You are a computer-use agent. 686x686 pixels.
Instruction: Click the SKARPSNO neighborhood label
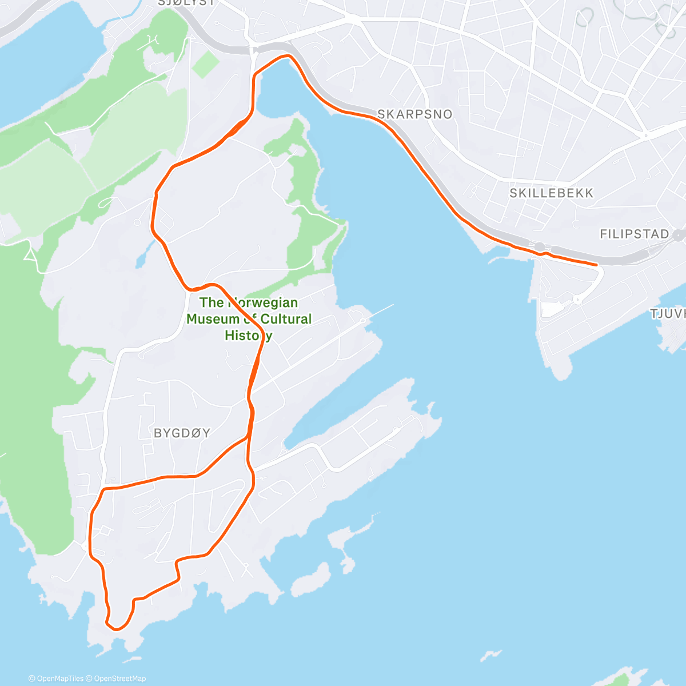(x=414, y=114)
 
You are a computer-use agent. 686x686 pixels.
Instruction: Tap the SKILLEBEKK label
(x=551, y=193)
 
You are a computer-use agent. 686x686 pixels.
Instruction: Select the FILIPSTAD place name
(x=634, y=234)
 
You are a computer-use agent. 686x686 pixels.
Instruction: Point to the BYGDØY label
(x=182, y=433)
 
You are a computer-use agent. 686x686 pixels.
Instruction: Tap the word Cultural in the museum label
(x=284, y=319)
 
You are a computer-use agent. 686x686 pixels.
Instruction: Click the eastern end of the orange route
(x=597, y=265)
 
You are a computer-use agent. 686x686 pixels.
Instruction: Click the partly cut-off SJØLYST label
(x=187, y=3)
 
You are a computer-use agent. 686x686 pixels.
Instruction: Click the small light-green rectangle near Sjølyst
(x=205, y=65)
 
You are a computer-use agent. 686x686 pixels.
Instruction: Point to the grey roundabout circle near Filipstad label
(x=679, y=235)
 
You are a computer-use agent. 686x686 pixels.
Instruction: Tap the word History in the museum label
(x=248, y=336)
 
